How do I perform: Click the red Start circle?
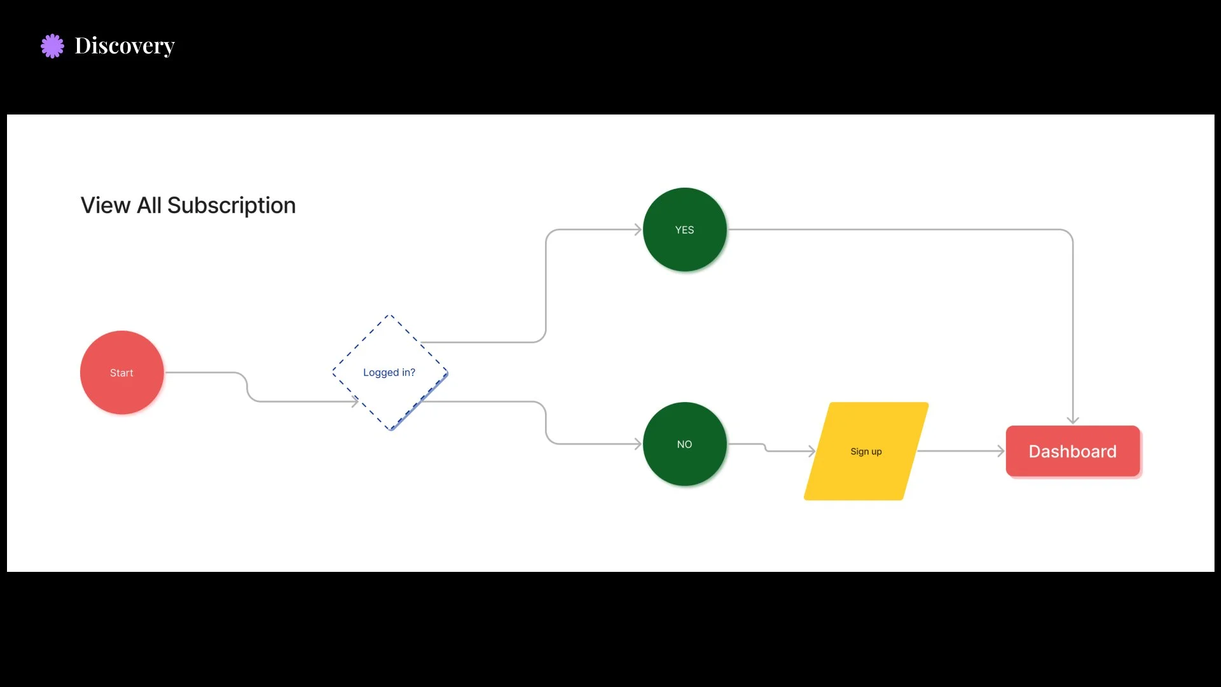pos(121,373)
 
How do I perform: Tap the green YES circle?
pos(684,230)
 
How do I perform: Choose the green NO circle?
pos(684,444)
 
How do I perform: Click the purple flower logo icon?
pos(52,46)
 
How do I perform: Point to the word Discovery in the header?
pos(125,46)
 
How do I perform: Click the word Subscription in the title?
pos(231,205)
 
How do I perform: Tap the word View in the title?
pos(106,205)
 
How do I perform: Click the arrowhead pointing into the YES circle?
pos(638,230)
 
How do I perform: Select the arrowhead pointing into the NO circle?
pos(638,444)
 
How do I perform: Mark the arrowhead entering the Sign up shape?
pos(811,451)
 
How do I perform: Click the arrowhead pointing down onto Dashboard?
pos(1073,420)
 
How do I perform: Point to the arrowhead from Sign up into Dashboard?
pos(1001,451)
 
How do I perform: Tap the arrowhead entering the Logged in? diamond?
pos(355,401)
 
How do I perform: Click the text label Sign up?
pos(866,452)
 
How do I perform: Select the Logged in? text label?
pos(389,373)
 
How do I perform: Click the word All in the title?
pos(149,205)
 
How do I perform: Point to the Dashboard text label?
pos(1072,452)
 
